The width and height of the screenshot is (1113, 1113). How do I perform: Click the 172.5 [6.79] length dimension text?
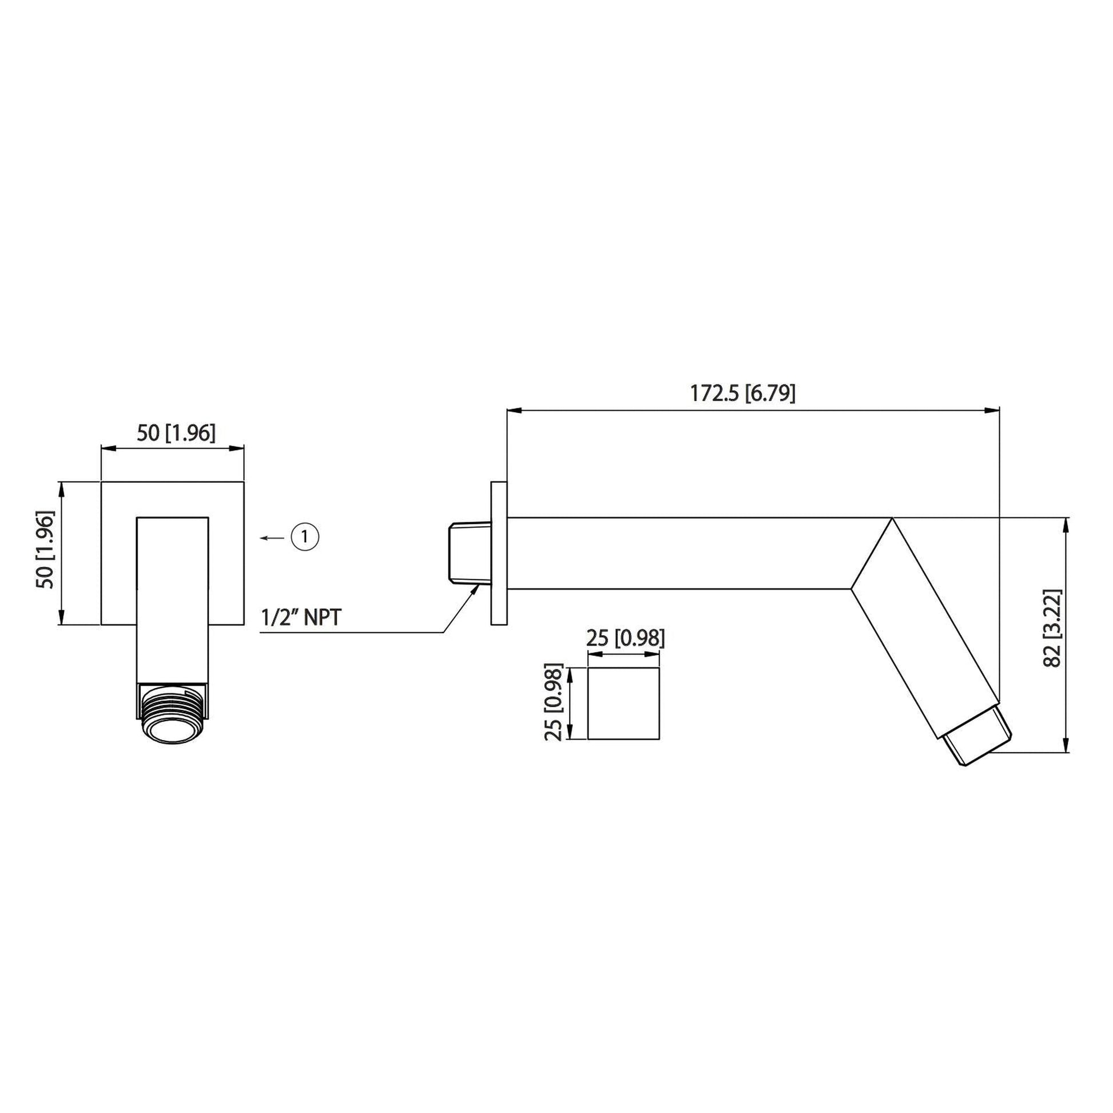pos(742,393)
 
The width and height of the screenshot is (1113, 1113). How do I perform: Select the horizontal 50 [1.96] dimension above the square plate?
pos(176,433)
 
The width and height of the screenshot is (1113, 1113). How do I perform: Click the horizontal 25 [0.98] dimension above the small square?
pos(625,638)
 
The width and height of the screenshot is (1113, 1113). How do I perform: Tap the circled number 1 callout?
pos(305,537)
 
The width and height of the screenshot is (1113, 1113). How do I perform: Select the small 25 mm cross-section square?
pos(623,703)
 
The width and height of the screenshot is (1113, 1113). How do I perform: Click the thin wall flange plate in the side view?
pos(499,553)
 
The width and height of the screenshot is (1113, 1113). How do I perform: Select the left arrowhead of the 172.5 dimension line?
pos(512,410)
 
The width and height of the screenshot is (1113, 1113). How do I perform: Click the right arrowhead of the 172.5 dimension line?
pos(992,410)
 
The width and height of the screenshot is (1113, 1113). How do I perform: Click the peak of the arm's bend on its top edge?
pos(892,518)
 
